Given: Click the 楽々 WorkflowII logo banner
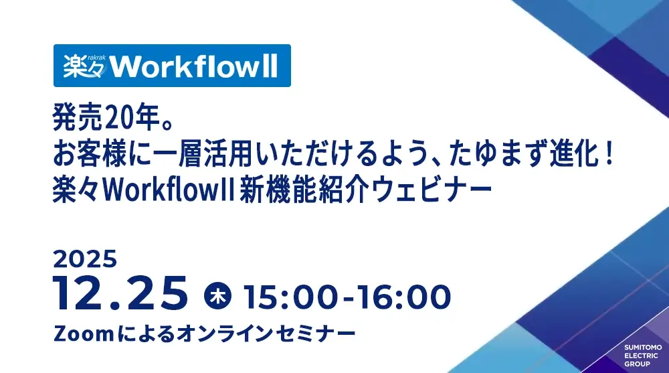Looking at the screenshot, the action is click(172, 66).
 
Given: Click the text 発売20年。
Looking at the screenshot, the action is click(112, 117).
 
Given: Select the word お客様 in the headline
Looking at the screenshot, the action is click(90, 153).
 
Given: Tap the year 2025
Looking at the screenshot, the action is click(85, 259).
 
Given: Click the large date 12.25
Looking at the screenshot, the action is click(120, 293).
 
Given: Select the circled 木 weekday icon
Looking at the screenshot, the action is click(217, 296).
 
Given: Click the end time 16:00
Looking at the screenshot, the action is click(403, 297).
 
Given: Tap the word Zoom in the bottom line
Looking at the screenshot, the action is click(83, 333).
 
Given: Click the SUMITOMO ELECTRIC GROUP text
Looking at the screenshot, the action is click(643, 356).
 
